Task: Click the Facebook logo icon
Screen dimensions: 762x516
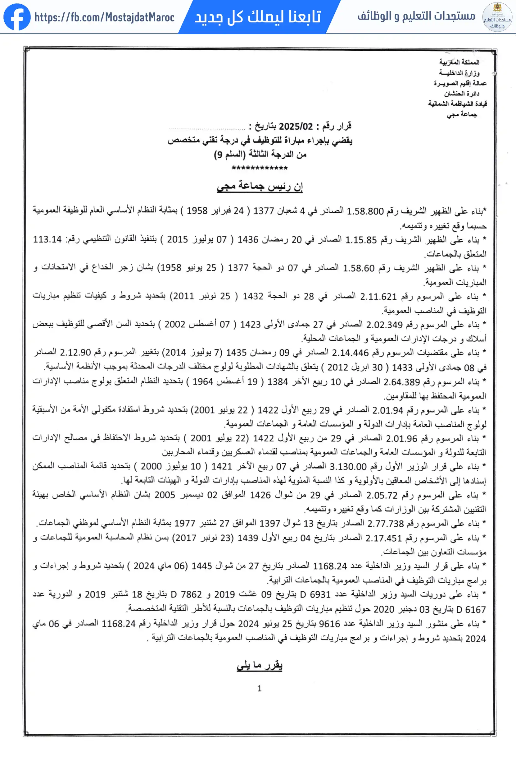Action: pos(17,17)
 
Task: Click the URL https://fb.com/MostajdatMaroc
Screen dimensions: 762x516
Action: pos(104,17)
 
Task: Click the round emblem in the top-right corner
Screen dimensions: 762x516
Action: pos(497,17)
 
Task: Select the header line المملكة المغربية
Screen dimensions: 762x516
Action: pos(459,62)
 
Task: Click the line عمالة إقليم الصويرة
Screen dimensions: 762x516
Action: pos(460,83)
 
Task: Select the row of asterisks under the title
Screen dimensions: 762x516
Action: pos(259,168)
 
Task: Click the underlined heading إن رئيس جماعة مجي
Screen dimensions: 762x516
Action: pos(259,186)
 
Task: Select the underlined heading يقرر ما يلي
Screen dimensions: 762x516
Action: pos(259,665)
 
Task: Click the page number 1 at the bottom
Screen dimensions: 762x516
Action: pos(259,688)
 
